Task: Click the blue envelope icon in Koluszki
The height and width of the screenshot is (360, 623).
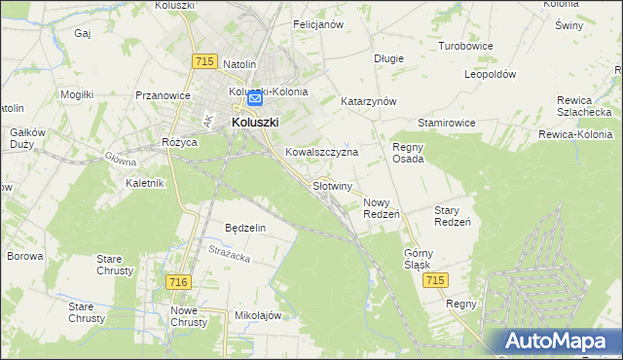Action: click(x=255, y=98)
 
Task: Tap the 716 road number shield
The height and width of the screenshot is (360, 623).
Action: click(x=177, y=281)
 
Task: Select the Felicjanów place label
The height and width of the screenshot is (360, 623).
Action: click(x=318, y=24)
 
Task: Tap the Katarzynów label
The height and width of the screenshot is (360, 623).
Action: click(x=368, y=101)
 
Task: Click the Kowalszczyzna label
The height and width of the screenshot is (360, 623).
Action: click(x=322, y=153)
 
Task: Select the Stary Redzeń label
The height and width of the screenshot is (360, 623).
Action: click(x=452, y=216)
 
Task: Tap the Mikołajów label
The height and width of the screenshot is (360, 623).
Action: click(x=258, y=316)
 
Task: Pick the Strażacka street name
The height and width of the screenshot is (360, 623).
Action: click(x=229, y=255)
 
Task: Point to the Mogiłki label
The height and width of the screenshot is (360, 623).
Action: click(x=76, y=94)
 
